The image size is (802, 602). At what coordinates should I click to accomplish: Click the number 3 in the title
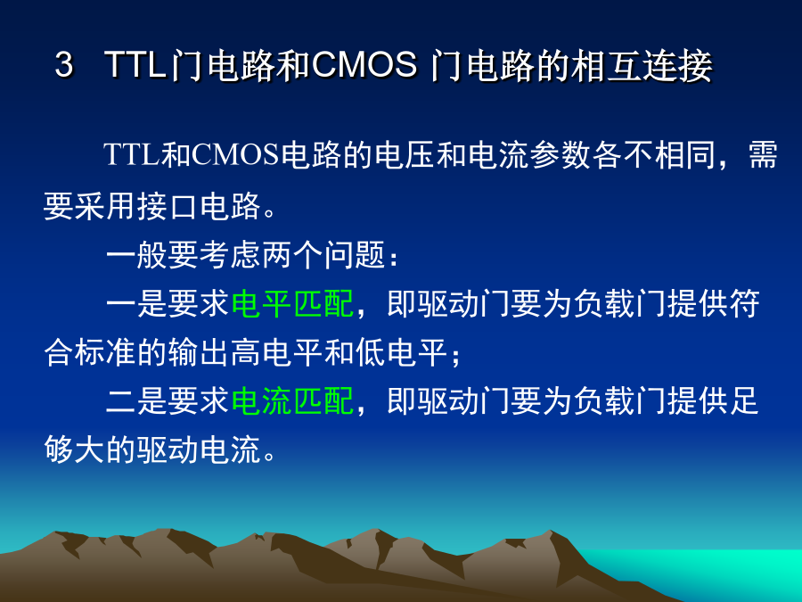click(64, 65)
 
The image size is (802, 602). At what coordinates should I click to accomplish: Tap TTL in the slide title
click(135, 65)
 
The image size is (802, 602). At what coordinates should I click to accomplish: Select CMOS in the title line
click(364, 65)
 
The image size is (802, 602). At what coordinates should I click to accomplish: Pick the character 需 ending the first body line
click(763, 155)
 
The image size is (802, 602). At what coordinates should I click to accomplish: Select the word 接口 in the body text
click(168, 207)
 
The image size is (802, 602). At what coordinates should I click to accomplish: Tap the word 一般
click(136, 255)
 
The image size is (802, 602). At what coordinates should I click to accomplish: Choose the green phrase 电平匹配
click(292, 304)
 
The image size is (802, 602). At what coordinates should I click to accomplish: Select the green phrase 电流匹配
click(292, 400)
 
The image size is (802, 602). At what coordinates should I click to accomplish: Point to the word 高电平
click(277, 352)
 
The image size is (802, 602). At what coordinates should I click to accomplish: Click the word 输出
click(199, 352)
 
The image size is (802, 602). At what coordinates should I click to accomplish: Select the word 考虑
click(230, 255)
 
